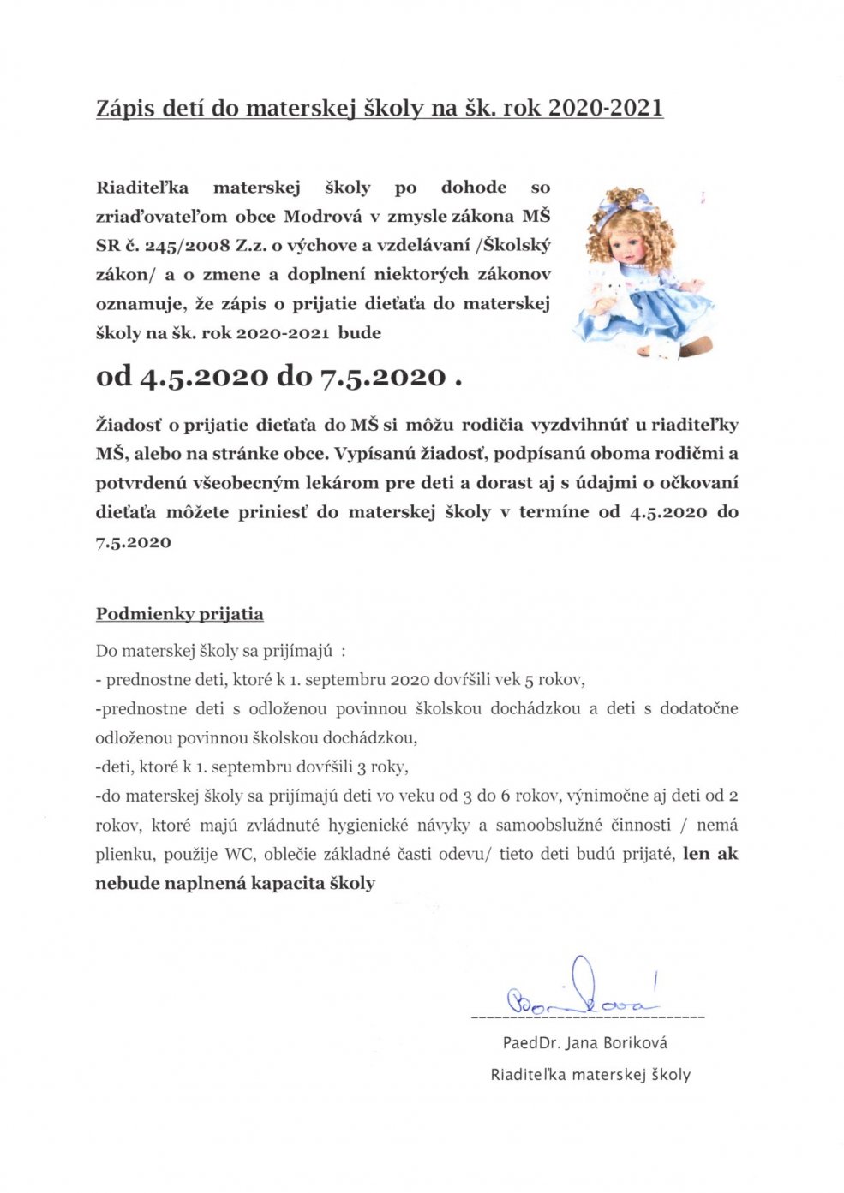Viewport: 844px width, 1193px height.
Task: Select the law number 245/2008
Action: pos(176,246)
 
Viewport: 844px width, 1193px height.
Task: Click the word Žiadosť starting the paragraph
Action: pos(126,425)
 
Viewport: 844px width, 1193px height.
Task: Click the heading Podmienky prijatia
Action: pos(179,614)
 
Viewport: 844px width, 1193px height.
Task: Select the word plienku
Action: pos(123,855)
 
